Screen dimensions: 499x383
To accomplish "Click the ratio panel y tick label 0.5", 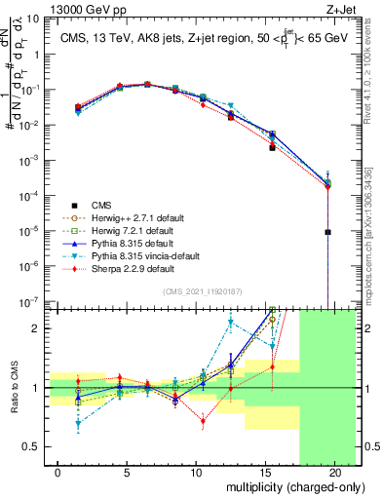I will click(x=34, y=446).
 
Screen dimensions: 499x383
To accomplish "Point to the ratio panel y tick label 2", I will click(x=39, y=327).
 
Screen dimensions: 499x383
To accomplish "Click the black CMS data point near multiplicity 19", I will click(x=328, y=232).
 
